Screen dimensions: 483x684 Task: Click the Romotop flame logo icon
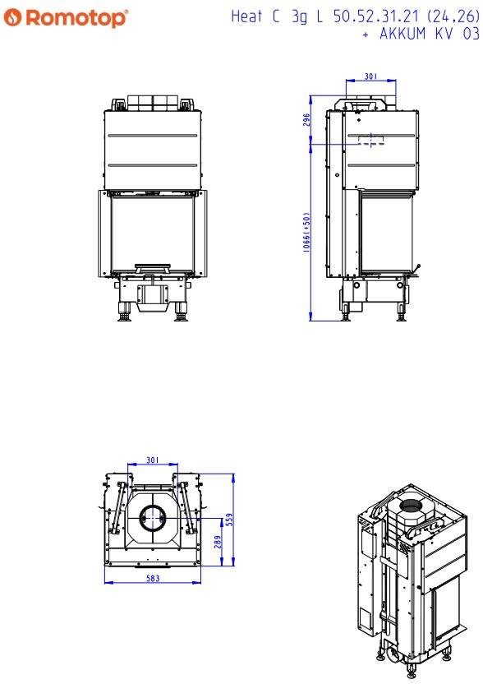click(x=12, y=17)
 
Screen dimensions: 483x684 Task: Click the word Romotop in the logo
click(x=76, y=18)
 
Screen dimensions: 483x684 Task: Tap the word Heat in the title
click(x=246, y=16)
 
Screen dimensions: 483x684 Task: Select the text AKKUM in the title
click(x=402, y=34)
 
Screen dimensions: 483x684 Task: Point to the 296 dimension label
click(x=306, y=120)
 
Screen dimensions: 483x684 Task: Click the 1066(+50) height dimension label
click(x=306, y=232)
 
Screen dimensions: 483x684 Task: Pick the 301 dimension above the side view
click(x=370, y=76)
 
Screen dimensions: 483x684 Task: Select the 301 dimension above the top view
click(x=153, y=460)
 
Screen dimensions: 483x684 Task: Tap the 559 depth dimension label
click(x=229, y=520)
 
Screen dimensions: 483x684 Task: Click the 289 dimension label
click(x=218, y=542)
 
